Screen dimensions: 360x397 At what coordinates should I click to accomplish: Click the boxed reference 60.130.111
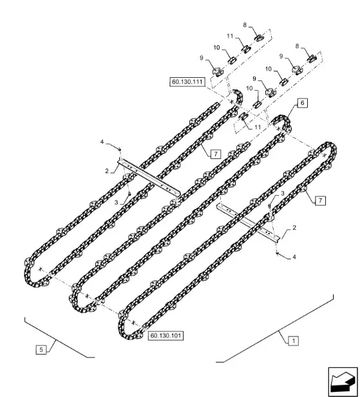[x=187, y=82]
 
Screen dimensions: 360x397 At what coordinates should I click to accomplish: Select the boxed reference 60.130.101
[x=166, y=335]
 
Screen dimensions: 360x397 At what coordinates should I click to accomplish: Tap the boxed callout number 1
[x=294, y=341]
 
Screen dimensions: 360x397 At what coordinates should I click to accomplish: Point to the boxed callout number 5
[x=41, y=349]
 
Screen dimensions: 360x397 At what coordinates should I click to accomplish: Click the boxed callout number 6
[x=302, y=103]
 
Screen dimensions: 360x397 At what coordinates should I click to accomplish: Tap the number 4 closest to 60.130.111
[x=102, y=142]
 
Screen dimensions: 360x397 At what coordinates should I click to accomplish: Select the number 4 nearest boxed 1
[x=294, y=257]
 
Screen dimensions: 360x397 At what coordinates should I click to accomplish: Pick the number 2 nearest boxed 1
[x=294, y=228]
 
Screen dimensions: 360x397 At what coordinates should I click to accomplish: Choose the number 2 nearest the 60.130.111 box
[x=107, y=171]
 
